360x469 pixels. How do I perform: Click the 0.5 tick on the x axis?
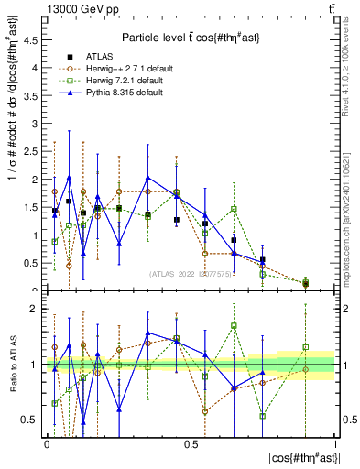click(191, 443)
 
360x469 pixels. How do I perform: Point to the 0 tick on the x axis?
click(47, 443)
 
